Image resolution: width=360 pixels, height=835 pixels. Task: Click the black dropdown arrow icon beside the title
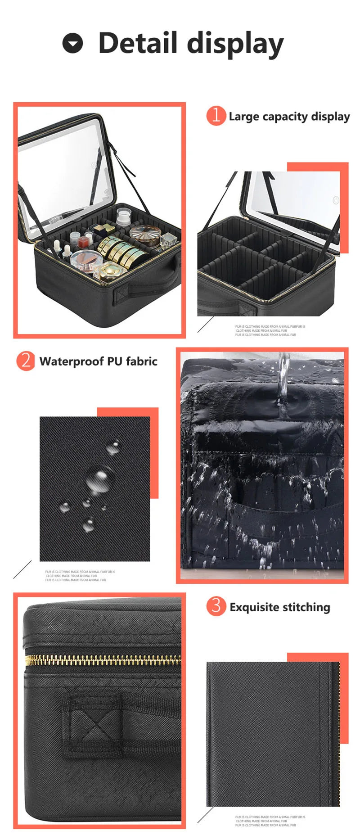click(72, 44)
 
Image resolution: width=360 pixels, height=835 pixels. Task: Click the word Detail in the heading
click(138, 43)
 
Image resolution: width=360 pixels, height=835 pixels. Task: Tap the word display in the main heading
click(235, 44)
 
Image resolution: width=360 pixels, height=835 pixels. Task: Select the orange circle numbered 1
click(216, 116)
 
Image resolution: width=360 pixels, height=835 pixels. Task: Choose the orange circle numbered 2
click(26, 361)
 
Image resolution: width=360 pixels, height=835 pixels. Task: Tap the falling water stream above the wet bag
click(283, 383)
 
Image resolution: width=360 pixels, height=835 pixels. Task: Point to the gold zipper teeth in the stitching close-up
click(103, 660)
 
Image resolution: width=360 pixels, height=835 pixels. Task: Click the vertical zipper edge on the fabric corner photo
click(335, 734)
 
